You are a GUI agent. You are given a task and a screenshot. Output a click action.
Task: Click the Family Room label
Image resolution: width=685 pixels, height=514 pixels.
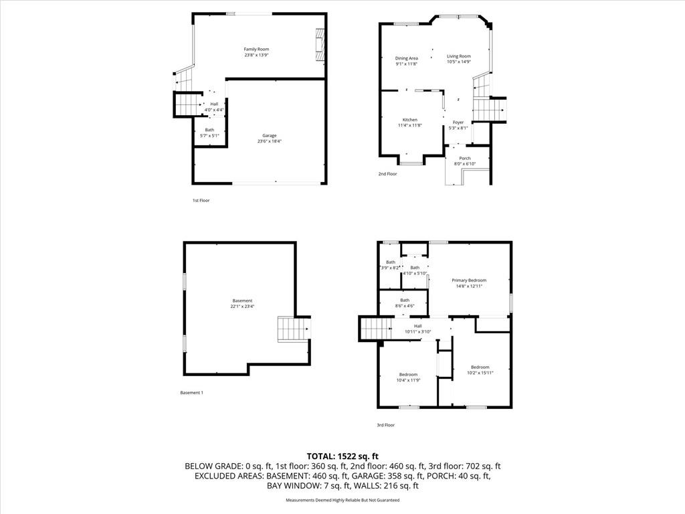256,49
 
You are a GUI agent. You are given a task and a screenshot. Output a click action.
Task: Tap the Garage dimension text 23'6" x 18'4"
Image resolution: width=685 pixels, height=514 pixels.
269,141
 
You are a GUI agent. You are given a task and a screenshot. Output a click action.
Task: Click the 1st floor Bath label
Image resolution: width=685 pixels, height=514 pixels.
209,130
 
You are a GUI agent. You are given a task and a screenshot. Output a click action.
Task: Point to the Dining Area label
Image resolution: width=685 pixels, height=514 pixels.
406,58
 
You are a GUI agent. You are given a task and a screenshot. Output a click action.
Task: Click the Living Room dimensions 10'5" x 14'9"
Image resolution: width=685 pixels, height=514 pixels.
459,62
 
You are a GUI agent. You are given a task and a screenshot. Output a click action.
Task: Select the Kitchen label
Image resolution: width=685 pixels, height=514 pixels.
409,120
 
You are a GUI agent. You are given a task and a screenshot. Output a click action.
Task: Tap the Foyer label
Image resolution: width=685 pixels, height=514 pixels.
458,122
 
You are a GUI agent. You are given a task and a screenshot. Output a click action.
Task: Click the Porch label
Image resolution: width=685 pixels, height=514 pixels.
464,159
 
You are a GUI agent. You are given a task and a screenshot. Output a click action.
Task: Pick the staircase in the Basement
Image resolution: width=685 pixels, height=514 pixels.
292,330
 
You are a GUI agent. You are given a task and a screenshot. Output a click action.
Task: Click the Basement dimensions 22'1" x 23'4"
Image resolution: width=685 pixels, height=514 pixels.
242,307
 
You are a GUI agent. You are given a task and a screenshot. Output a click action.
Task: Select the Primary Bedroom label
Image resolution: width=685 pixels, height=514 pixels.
469,280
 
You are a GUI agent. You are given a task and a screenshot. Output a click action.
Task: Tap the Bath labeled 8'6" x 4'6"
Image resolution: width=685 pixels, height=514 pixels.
405,301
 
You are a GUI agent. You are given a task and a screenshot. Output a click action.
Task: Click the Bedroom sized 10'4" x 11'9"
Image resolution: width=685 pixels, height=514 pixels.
409,375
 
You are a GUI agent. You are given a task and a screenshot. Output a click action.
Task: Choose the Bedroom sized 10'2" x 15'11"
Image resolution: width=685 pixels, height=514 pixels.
480,367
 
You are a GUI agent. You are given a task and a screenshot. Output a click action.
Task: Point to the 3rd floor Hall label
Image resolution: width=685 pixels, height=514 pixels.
417,326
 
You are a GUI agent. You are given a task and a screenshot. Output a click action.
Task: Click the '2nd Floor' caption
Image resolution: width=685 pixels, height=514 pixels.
387,174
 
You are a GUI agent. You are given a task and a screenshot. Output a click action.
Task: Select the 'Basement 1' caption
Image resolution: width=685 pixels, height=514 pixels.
191,393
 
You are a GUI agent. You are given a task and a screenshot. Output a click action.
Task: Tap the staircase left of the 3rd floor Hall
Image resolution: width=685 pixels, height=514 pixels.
375,329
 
